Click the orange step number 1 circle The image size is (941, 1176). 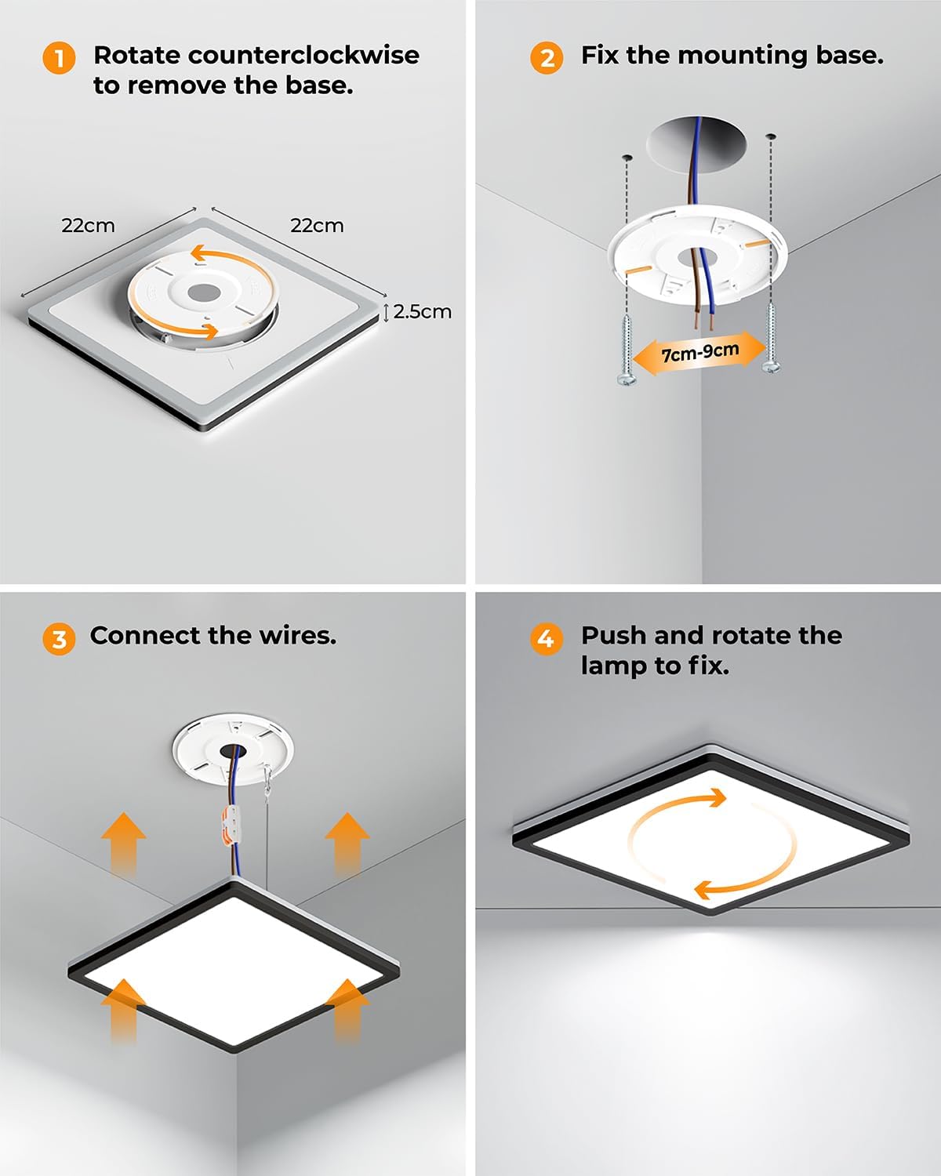59,58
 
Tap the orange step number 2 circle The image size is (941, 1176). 547,58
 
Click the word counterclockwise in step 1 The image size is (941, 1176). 303,55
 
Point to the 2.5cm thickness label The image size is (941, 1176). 422,311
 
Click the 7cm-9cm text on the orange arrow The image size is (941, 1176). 700,352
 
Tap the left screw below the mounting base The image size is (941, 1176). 627,350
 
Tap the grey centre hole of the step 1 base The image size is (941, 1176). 204,293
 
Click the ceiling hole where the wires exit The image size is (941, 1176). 696,146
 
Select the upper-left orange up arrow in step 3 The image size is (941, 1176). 124,844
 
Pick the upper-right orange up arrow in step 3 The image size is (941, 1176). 347,844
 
